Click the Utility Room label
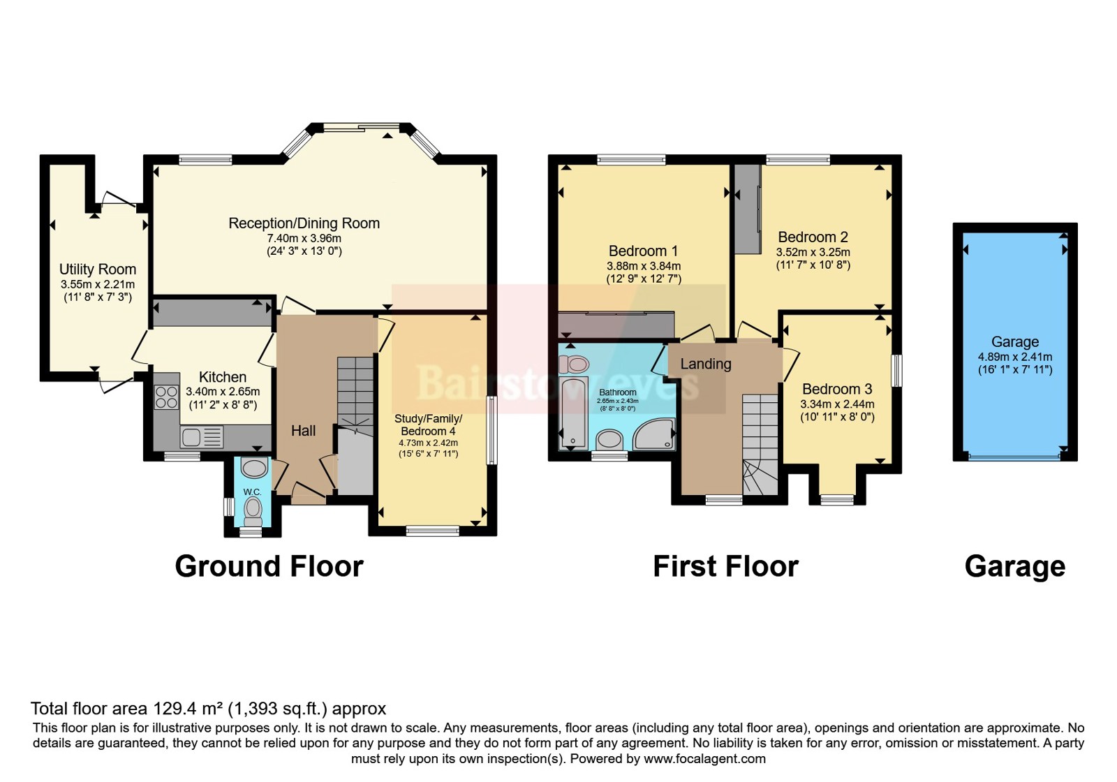pyautogui.click(x=98, y=270)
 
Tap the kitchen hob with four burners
pyautogui.click(x=167, y=397)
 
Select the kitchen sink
pyautogui.click(x=202, y=437)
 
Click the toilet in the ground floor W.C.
pyautogui.click(x=253, y=511)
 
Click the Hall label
pyautogui.click(x=303, y=430)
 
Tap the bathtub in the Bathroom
pyautogui.click(x=574, y=413)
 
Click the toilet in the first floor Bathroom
pyautogui.click(x=573, y=364)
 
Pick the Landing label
pyautogui.click(x=706, y=364)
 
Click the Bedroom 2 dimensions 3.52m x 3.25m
pyautogui.click(x=813, y=252)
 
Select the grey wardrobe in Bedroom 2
pyautogui.click(x=747, y=209)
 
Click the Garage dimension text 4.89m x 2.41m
pyautogui.click(x=1015, y=357)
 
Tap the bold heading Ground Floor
pyautogui.click(x=269, y=566)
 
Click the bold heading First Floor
pyautogui.click(x=725, y=566)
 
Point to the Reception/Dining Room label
pyautogui.click(x=304, y=223)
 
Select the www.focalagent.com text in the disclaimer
pyautogui.click(x=704, y=759)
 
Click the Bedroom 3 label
pyautogui.click(x=837, y=389)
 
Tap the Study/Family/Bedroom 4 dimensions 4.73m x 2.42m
pyautogui.click(x=429, y=443)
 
